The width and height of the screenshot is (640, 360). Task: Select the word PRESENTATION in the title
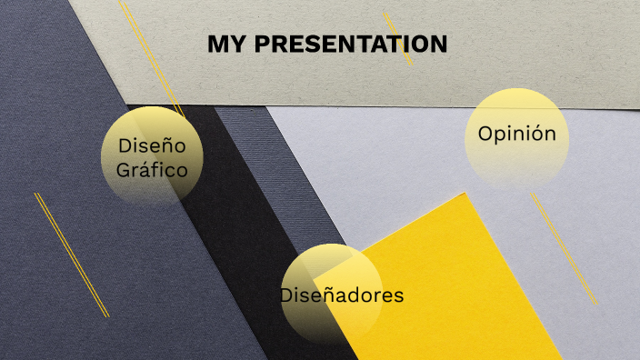coord(351,44)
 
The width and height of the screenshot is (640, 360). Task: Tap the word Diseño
coord(152,145)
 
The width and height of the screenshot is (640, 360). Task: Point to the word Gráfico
coord(152,169)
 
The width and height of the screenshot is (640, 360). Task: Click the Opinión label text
coord(516,134)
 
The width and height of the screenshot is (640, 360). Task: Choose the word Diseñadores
coord(341,295)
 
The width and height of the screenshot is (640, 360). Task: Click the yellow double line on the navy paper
coord(71,255)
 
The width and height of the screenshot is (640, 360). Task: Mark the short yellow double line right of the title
coord(398,38)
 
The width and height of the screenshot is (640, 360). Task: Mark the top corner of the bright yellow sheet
coord(465,194)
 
